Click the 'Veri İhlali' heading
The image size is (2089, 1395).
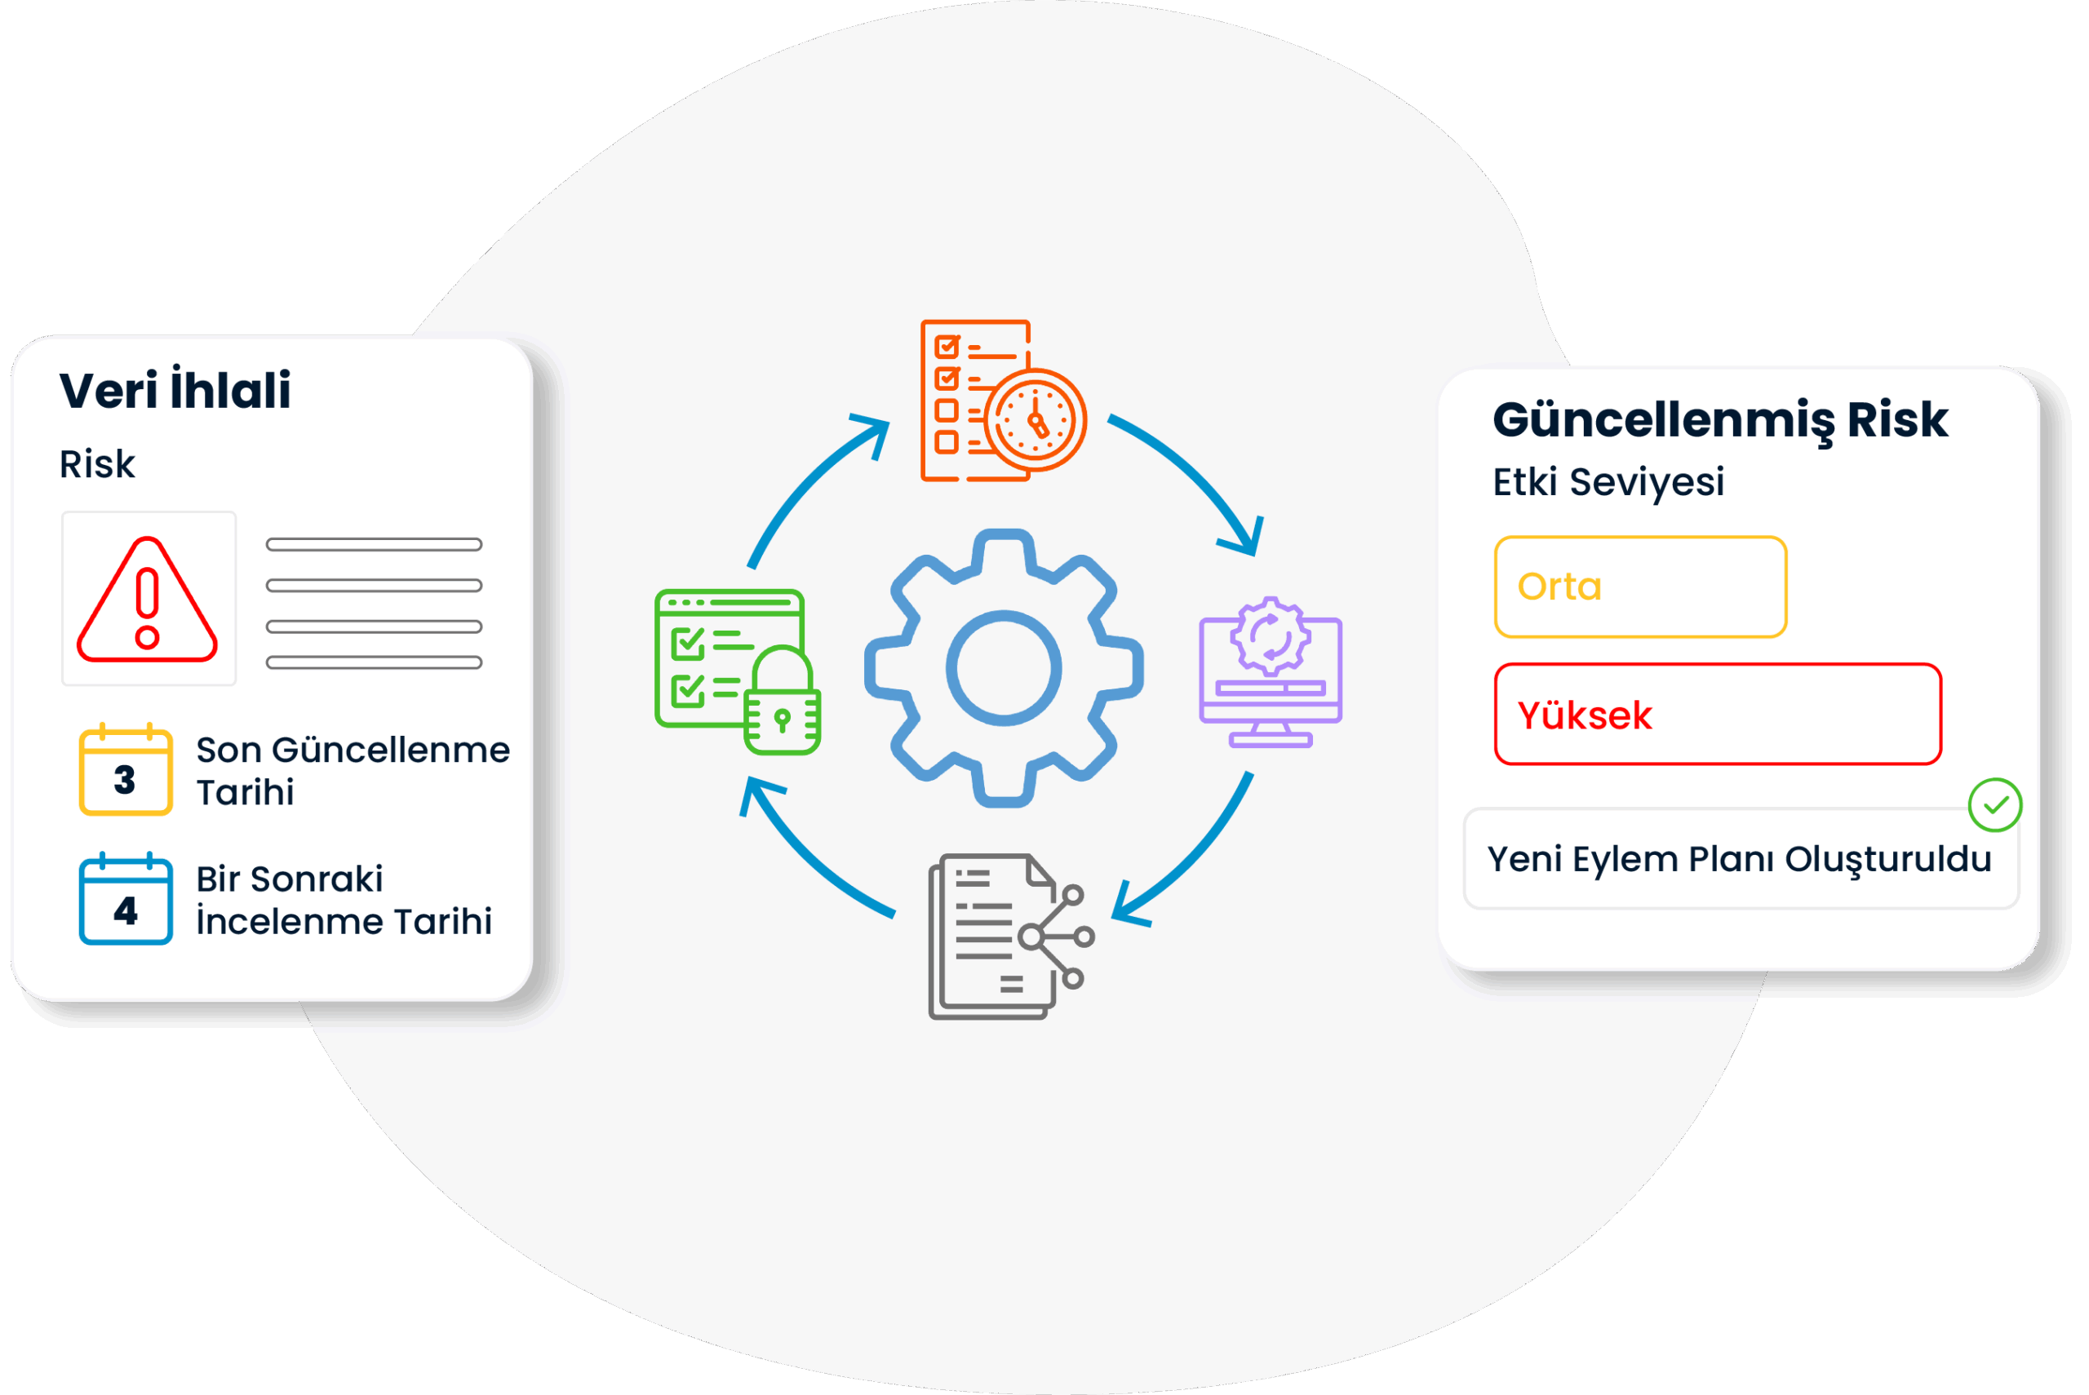[175, 391]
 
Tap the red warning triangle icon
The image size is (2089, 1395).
[147, 601]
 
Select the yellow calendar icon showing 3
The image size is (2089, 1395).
[126, 769]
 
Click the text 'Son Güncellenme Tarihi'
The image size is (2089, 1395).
[353, 770]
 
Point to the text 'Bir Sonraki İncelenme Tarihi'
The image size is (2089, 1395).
[344, 900]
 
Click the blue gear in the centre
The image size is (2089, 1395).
[1004, 668]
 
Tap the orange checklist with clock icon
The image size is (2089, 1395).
[1002, 401]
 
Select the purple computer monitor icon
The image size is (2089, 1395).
[1271, 672]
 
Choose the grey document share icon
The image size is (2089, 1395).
[1009, 937]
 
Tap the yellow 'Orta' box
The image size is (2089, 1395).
[1639, 587]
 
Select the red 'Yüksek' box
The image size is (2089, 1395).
[1717, 715]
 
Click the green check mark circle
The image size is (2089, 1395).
[1994, 805]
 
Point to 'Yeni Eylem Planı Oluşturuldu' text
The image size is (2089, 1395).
[1740, 859]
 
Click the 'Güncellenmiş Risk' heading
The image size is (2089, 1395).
[1720, 420]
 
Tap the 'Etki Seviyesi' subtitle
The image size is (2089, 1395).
[1608, 482]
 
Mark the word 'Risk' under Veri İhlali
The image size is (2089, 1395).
[97, 464]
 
